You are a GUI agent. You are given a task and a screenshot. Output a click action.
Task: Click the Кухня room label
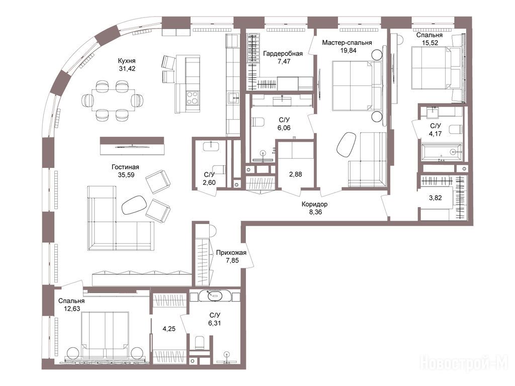127,61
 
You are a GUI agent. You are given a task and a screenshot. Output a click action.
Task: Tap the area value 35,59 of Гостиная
126,175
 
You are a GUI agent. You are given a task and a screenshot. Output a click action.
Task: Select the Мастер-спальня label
347,43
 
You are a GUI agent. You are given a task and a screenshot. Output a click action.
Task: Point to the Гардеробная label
283,53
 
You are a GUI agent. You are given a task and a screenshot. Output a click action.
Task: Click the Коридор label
315,204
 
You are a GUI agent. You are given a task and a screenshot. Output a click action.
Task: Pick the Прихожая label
231,253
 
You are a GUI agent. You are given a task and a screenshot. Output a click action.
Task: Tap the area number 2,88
295,174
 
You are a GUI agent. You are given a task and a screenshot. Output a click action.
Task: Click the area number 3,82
435,198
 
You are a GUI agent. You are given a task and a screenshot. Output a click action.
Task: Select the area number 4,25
169,329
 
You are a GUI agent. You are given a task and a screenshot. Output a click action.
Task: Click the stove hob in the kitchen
192,97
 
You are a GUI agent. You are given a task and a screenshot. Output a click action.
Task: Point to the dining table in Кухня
113,100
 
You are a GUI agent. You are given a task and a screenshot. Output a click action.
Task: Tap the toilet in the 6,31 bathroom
200,343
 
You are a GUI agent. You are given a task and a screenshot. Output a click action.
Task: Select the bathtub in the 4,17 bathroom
442,151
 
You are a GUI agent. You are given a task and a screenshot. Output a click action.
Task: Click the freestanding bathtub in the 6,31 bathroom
215,296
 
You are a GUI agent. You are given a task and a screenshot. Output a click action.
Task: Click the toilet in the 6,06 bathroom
258,122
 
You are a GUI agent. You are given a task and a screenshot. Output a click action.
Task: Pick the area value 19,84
348,51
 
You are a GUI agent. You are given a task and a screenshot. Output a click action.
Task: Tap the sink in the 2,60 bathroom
212,146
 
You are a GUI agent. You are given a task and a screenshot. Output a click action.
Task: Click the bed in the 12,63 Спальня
105,335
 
